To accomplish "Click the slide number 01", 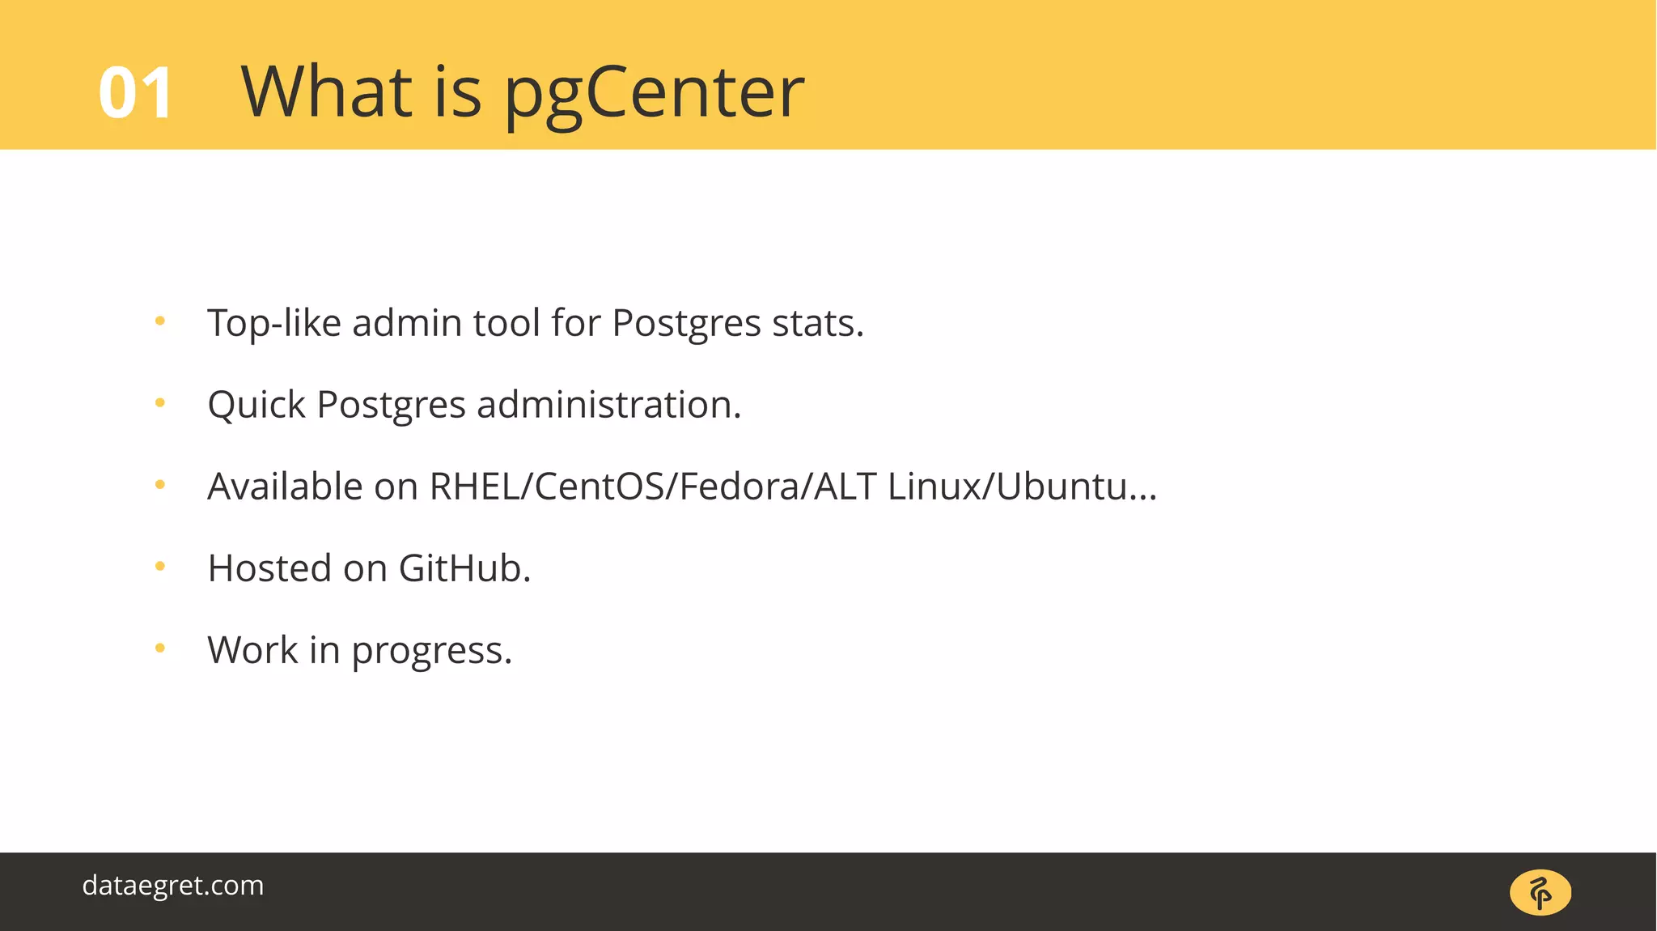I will click(x=135, y=94).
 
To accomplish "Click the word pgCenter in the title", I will click(x=654, y=94).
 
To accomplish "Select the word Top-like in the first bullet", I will click(x=274, y=324).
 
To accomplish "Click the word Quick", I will click(x=256, y=405).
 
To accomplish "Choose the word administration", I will click(x=608, y=405).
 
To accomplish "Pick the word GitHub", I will click(x=464, y=568).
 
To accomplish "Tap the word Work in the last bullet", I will click(x=252, y=650).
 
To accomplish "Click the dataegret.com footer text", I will click(x=173, y=886).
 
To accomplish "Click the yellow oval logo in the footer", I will click(x=1540, y=893).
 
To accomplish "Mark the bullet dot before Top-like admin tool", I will click(x=160, y=321).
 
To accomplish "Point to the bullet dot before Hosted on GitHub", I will click(x=160, y=567).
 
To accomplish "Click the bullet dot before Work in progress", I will click(x=160, y=648).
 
